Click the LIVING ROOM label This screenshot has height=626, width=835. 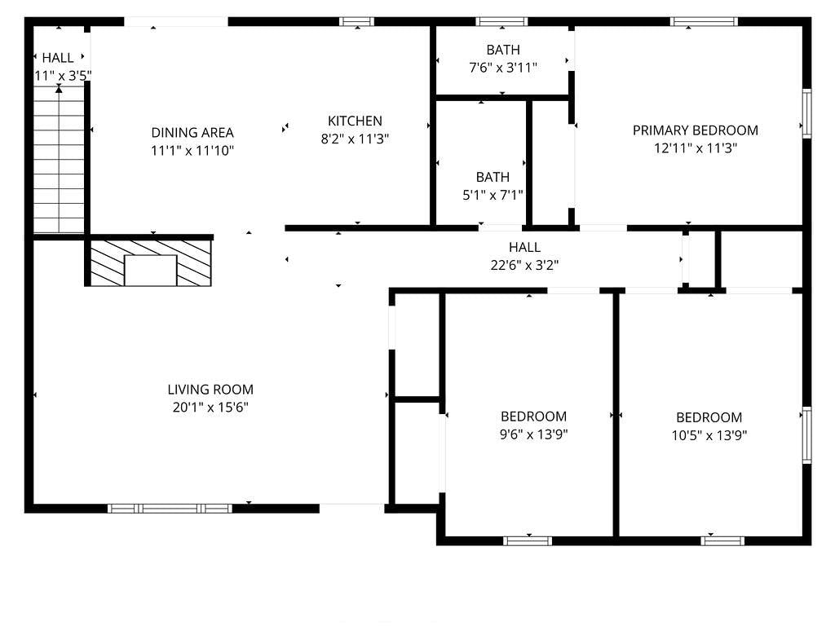click(x=210, y=390)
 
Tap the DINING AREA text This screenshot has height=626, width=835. click(x=192, y=133)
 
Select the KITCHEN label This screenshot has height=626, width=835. click(x=355, y=121)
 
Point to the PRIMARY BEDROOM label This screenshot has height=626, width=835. click(x=695, y=130)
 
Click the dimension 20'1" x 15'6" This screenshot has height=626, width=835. click(x=210, y=408)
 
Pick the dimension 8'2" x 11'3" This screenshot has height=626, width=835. click(x=355, y=139)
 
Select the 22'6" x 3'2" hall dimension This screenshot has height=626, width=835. click(x=524, y=265)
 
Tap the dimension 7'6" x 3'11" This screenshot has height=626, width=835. click(x=502, y=68)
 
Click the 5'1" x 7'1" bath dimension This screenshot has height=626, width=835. click(x=493, y=196)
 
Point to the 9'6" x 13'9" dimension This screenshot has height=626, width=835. click(x=533, y=435)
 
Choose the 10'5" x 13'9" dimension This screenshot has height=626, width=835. click(x=709, y=436)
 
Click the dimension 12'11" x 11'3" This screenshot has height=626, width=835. click(x=695, y=148)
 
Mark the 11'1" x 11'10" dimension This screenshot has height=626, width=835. click(x=192, y=151)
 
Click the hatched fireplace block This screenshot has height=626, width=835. click(x=151, y=263)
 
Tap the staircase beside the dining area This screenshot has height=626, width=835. click(x=59, y=160)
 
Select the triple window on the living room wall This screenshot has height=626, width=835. click(x=170, y=509)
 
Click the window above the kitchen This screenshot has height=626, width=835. click(x=357, y=22)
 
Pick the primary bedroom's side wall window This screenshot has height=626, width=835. click(x=806, y=113)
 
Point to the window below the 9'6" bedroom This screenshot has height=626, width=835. click(x=528, y=541)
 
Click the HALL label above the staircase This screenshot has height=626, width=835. click(x=58, y=58)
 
